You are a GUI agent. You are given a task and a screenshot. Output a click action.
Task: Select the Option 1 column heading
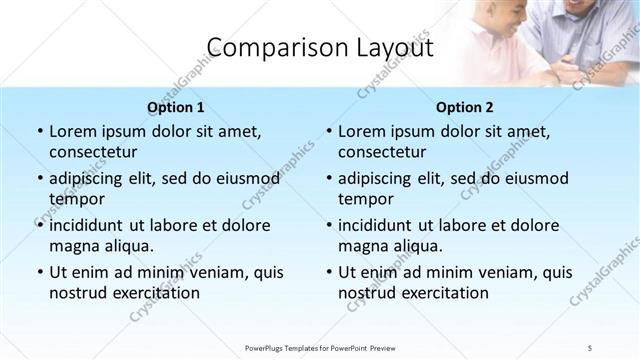click(176, 106)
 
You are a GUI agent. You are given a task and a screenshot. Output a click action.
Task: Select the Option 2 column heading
click(465, 106)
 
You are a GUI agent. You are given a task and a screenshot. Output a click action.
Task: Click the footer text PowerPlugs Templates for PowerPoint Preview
click(319, 347)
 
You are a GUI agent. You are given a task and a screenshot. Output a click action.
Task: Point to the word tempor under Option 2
click(365, 199)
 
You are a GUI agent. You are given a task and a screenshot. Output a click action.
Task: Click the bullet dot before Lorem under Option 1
click(39, 132)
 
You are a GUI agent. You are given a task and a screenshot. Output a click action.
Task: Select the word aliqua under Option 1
click(125, 245)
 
